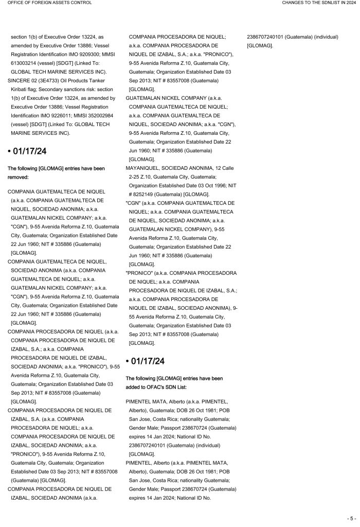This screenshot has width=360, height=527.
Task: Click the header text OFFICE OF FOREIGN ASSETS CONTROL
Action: point(50,3)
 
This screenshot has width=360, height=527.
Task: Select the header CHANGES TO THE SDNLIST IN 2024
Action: point(319,3)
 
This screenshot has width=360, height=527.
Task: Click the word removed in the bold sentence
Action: point(19,177)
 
